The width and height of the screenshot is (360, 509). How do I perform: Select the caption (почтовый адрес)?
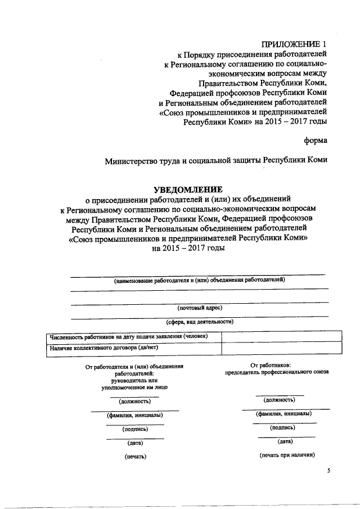click(200, 308)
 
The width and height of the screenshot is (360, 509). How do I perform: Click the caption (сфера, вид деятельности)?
click(200, 322)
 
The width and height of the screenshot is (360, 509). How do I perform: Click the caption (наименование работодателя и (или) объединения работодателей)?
click(200, 280)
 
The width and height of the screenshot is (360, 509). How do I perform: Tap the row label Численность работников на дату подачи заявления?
click(128, 336)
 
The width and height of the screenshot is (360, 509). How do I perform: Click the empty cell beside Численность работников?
click(281, 336)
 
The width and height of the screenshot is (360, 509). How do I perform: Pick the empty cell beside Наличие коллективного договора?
click(281, 349)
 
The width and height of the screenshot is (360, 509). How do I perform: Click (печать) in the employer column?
click(135, 456)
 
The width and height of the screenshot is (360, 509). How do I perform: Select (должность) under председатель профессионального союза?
click(280, 399)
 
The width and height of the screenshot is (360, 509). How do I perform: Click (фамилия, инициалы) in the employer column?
click(135, 415)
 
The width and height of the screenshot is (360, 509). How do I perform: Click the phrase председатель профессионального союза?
click(277, 372)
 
